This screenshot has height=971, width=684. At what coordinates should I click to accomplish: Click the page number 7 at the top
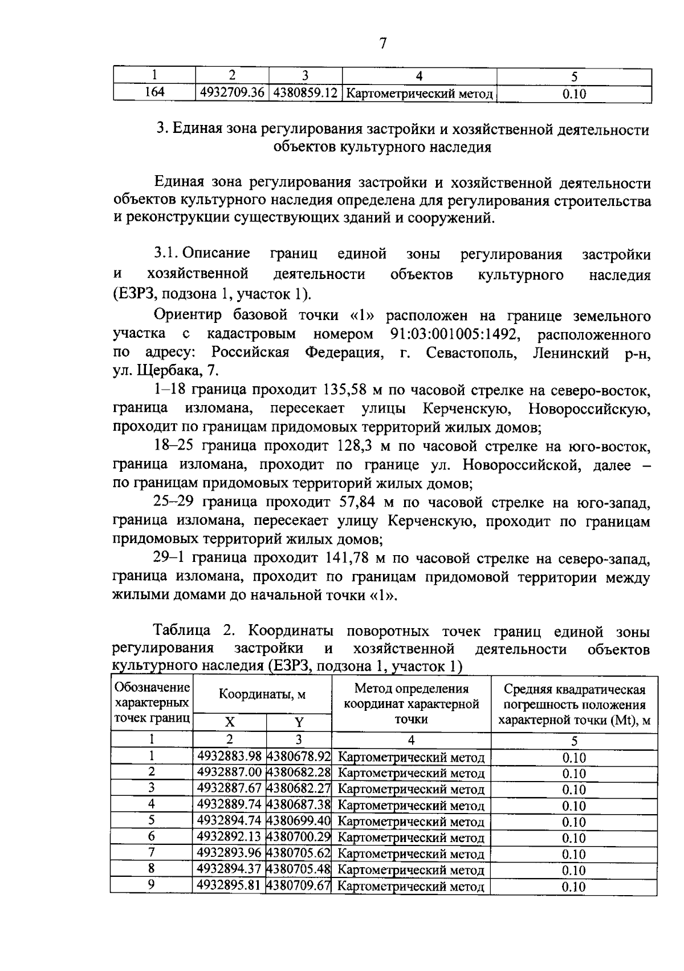[x=382, y=43]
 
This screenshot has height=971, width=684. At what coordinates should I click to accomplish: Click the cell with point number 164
[x=154, y=92]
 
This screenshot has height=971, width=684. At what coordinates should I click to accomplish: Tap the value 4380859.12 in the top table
[x=305, y=93]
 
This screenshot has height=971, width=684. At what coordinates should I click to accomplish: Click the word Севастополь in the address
[x=471, y=353]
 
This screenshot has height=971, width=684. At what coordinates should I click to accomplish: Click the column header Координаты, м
[x=262, y=694]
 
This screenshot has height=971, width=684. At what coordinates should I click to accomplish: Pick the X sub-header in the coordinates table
[x=229, y=722]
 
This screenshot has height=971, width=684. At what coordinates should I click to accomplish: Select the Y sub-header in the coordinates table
[x=299, y=722]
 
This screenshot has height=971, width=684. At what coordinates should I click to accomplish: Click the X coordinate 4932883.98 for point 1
[x=229, y=756]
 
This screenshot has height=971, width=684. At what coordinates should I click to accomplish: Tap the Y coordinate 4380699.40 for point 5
[x=299, y=821]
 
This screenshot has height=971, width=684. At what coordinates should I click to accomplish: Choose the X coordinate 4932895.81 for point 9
[x=229, y=885]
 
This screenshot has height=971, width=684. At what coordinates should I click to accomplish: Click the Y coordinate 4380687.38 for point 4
[x=299, y=804]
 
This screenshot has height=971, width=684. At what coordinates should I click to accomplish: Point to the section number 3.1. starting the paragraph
[x=166, y=254]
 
